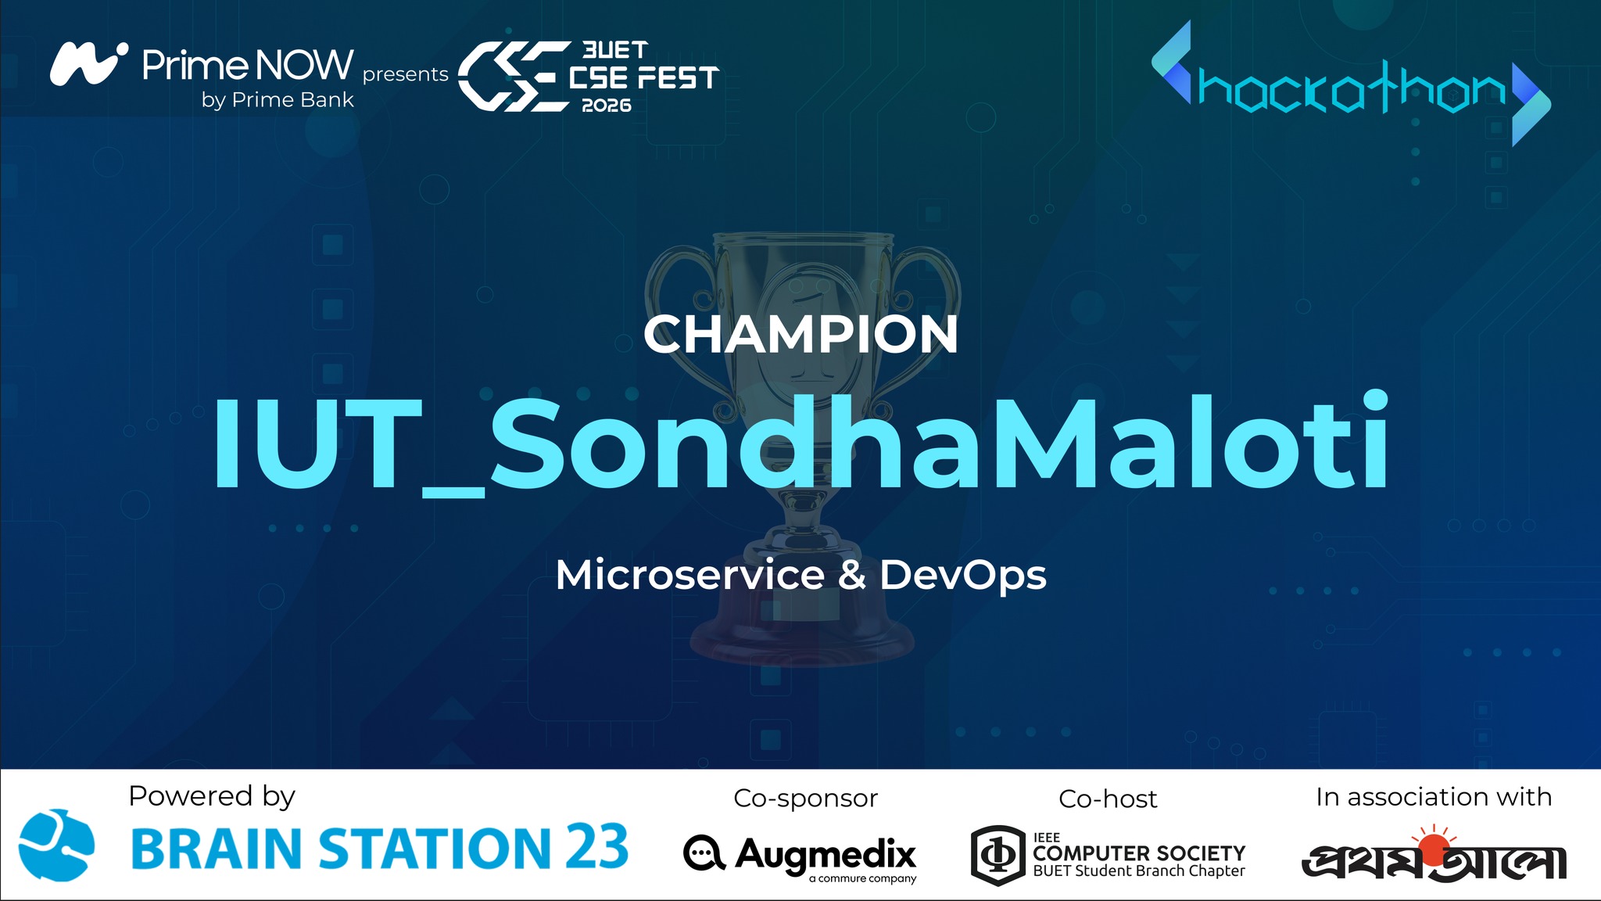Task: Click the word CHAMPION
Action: [800, 335]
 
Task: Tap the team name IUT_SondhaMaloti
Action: [800, 443]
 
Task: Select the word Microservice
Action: [689, 575]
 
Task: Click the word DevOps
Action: [962, 576]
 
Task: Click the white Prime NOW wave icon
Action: [88, 63]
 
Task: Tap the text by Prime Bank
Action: [278, 100]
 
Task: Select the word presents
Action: [405, 74]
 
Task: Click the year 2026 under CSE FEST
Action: [606, 106]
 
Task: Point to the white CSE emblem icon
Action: [513, 76]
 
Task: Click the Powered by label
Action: [212, 796]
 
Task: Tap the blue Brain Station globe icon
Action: [56, 845]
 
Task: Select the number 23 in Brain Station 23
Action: [596, 847]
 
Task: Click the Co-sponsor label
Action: [805, 799]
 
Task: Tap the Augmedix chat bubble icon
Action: [704, 853]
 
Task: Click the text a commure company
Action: [862, 879]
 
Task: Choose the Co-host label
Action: [1107, 799]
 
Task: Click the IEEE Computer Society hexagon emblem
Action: [997, 855]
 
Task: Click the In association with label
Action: [1433, 797]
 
